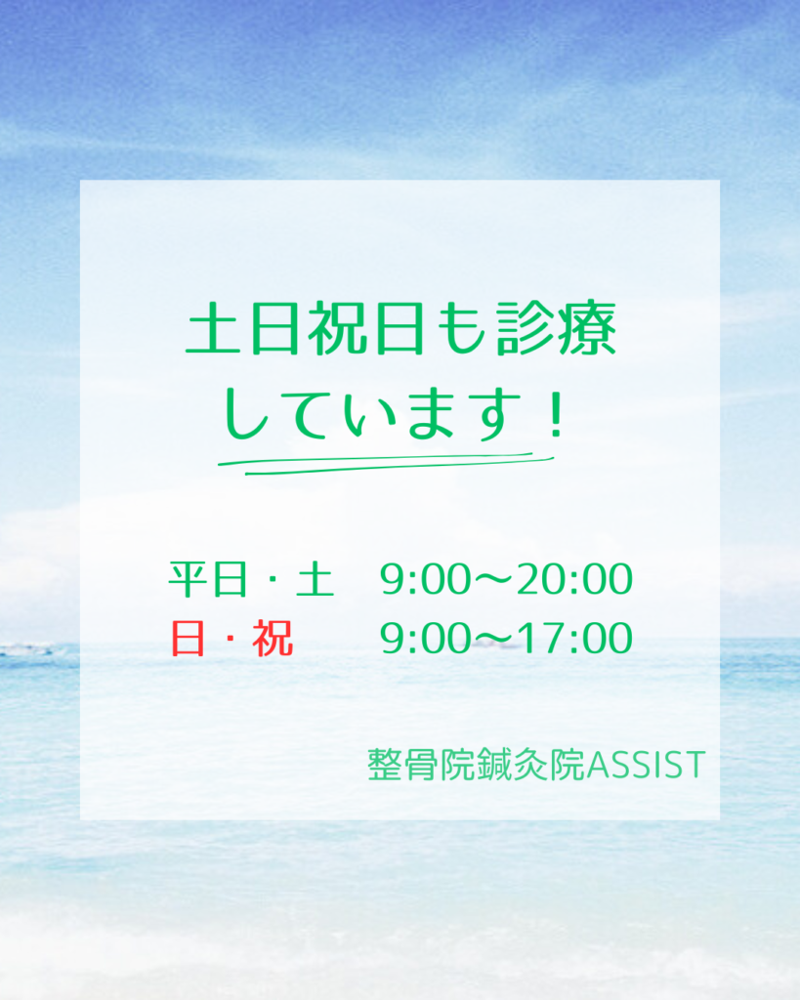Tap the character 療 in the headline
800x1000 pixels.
[x=587, y=328]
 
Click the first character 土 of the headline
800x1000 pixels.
[x=214, y=328]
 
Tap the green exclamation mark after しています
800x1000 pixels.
[x=557, y=414]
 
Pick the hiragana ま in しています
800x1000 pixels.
[x=428, y=414]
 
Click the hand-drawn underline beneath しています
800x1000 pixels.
[x=386, y=464]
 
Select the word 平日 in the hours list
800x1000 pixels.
[x=208, y=579]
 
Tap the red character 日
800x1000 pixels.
[x=188, y=639]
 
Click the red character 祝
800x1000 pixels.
[x=274, y=639]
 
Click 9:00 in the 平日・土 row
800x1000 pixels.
[x=426, y=580]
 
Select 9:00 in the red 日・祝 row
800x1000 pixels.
[x=426, y=639]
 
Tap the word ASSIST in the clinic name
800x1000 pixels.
[x=646, y=765]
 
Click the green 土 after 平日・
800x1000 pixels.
[x=316, y=579]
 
